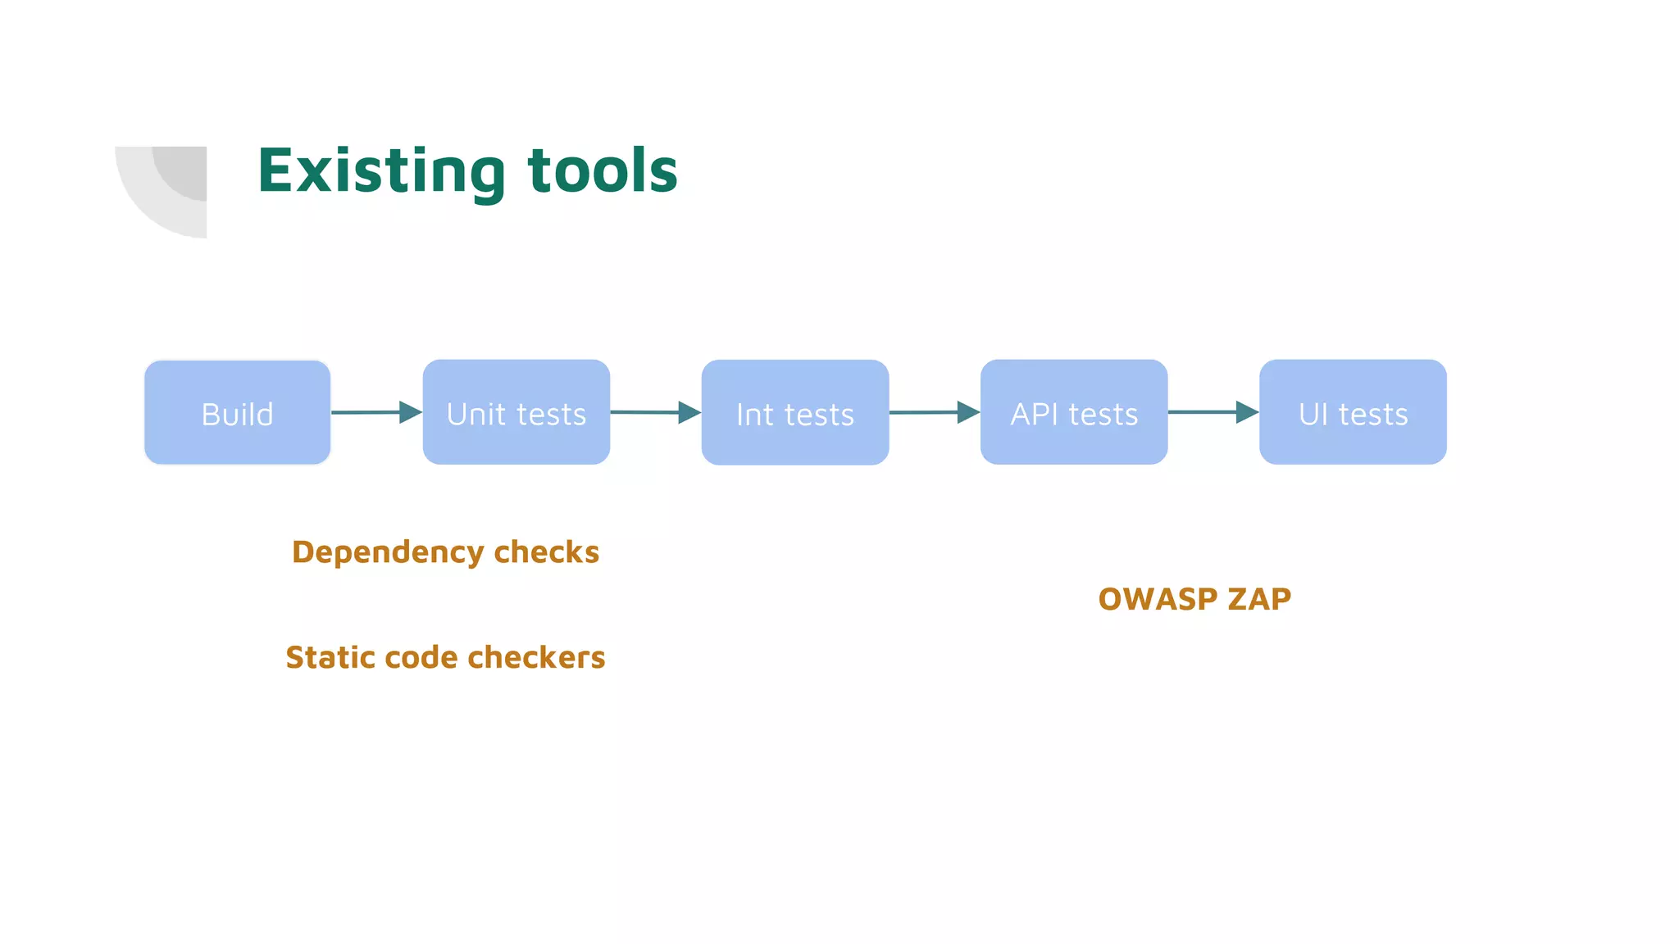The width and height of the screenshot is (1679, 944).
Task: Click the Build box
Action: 237,412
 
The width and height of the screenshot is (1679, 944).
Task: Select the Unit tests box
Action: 516,412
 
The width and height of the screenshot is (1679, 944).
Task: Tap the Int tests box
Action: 794,412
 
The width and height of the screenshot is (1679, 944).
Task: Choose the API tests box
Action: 1073,412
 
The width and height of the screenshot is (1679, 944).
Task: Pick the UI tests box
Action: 1353,412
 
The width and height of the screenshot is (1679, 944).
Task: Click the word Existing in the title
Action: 381,171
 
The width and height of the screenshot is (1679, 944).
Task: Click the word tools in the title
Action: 603,171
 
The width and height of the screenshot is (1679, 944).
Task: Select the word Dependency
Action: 387,553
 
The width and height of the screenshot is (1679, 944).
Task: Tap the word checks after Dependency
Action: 547,552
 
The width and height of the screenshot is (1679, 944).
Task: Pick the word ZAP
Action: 1259,599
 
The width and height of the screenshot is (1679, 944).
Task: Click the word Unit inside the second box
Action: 475,414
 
